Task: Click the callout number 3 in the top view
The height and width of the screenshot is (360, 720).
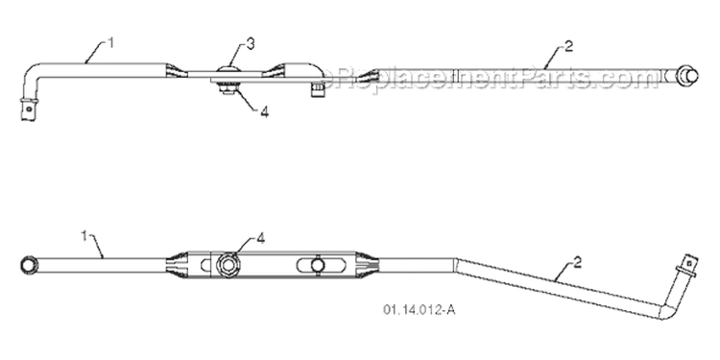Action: pyautogui.click(x=250, y=44)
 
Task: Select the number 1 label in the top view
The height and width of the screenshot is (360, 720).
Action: pyautogui.click(x=110, y=42)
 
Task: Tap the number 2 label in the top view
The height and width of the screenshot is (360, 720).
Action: pyautogui.click(x=568, y=46)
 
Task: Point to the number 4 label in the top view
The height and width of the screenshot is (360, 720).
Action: pyautogui.click(x=265, y=112)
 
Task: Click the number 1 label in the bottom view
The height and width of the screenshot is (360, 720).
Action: pyautogui.click(x=84, y=236)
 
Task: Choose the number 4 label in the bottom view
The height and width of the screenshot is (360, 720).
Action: pyautogui.click(x=260, y=238)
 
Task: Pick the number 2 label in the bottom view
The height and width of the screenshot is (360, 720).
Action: pyautogui.click(x=577, y=262)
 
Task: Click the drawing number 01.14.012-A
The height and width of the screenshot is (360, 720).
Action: pyautogui.click(x=420, y=310)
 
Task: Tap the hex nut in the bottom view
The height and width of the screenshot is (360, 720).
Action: pyautogui.click(x=228, y=265)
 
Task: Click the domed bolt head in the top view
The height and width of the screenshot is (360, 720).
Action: pyautogui.click(x=229, y=70)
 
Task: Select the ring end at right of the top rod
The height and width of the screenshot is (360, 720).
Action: pyautogui.click(x=688, y=75)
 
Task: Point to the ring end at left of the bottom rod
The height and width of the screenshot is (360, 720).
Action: pyautogui.click(x=28, y=265)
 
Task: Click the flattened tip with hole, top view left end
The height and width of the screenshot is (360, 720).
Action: pyautogui.click(x=28, y=109)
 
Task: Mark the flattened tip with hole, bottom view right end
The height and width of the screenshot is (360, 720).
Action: pyautogui.click(x=687, y=266)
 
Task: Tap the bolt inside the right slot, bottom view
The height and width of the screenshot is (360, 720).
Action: pyautogui.click(x=317, y=265)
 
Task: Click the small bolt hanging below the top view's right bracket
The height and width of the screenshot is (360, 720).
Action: pyautogui.click(x=316, y=89)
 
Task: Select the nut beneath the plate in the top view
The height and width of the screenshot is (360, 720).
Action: pyautogui.click(x=228, y=88)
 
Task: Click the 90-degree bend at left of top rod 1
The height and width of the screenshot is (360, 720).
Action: pyautogui.click(x=34, y=73)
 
